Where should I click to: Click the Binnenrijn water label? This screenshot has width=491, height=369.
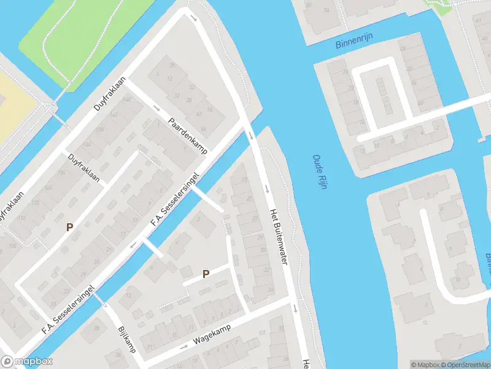(x=355, y=44)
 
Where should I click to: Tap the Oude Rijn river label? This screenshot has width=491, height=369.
(x=318, y=172)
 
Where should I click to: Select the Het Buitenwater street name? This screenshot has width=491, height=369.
(x=278, y=237)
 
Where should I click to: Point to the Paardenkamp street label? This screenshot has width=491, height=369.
(x=188, y=136)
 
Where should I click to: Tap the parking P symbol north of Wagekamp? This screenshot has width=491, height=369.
(x=206, y=274)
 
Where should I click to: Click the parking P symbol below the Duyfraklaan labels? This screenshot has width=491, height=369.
(x=70, y=227)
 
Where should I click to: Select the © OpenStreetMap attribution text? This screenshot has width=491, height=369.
(x=461, y=365)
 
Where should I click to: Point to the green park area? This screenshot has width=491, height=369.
(x=80, y=37)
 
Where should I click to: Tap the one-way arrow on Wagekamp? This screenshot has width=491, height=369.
(x=184, y=347)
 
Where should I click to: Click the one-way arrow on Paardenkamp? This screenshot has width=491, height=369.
(x=155, y=109)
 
